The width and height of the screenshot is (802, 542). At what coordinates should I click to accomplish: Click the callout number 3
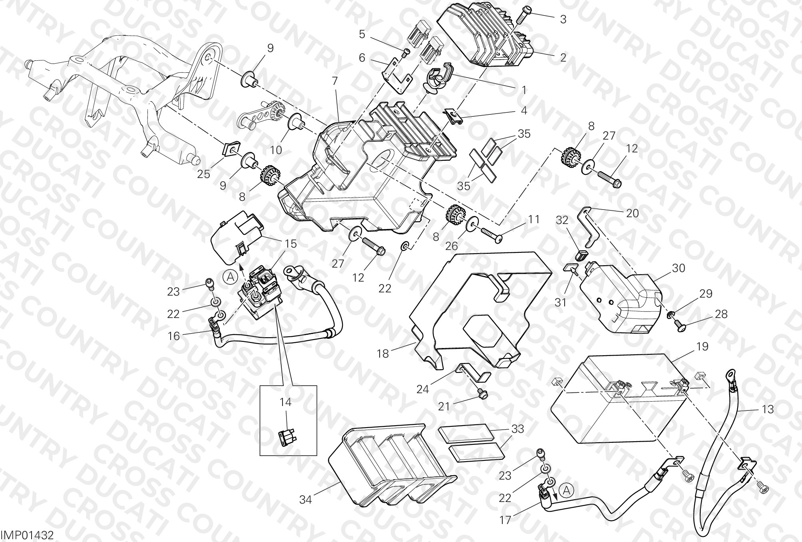coord(563,19)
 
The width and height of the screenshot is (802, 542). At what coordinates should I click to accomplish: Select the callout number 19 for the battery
coord(702,346)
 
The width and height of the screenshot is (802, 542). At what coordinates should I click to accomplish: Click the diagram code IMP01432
coord(27,535)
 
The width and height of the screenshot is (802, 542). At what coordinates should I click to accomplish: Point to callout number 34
coord(306,499)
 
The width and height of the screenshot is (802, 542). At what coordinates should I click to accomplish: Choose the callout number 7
coord(334,81)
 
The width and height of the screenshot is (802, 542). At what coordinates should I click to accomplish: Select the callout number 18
coord(383,354)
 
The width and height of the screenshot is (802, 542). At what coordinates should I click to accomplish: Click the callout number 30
coord(679,268)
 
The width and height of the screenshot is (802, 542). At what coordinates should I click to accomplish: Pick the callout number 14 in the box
coord(285,402)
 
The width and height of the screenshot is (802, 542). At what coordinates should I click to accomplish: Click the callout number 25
coord(203,174)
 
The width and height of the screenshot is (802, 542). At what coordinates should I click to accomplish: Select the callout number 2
coord(563,57)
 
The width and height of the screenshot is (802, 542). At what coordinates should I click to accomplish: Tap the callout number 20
coord(632,213)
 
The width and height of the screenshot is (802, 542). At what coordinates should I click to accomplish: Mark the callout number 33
coord(517,429)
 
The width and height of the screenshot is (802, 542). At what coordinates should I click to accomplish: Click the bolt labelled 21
coord(482,394)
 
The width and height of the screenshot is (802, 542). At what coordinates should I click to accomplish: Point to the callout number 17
coord(505,521)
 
